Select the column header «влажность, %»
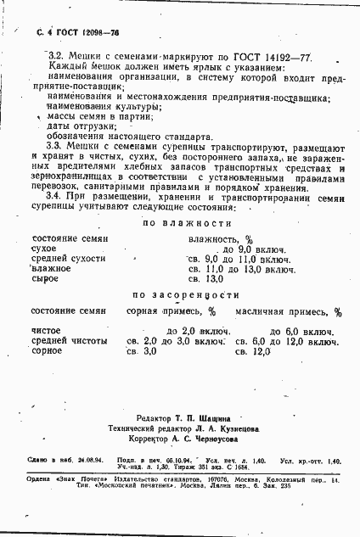220,263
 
